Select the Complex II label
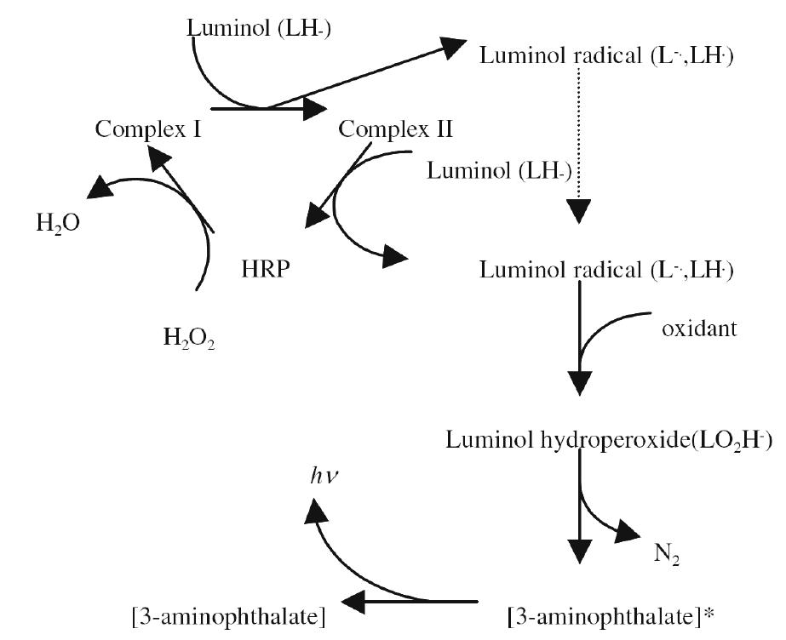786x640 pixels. click(x=396, y=129)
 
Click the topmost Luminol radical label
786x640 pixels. click(x=608, y=56)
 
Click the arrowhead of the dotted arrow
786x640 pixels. click(x=579, y=209)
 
